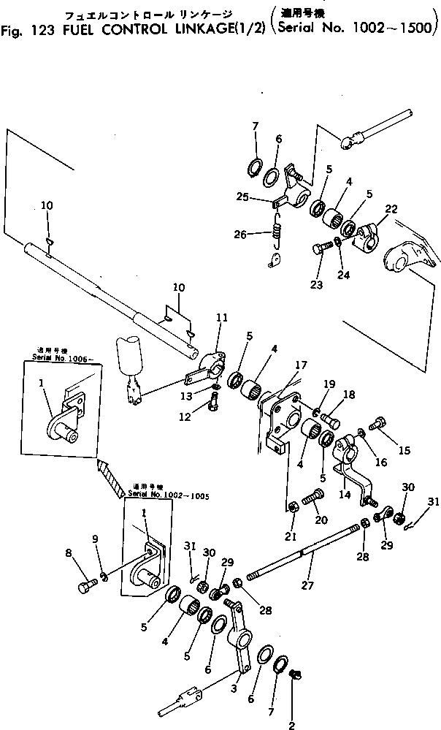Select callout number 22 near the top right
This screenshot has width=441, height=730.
click(x=391, y=209)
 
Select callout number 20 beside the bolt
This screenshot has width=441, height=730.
click(x=320, y=520)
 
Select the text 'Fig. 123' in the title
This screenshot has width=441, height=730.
click(x=29, y=31)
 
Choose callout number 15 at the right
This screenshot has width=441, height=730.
click(x=403, y=452)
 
